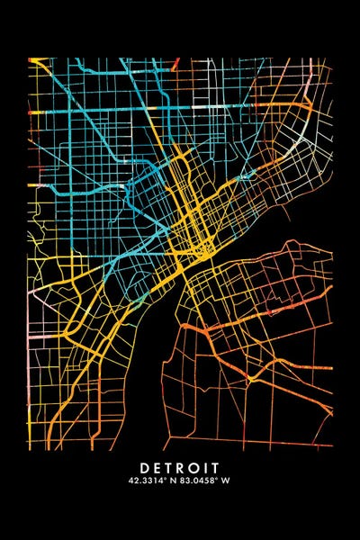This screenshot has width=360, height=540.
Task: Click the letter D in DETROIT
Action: coord(145,468)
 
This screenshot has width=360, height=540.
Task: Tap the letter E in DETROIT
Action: coord(158,468)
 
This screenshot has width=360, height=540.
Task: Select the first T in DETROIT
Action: coord(171,468)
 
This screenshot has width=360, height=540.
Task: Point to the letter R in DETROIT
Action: coord(184,468)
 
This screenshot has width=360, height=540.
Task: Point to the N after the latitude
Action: coord(173,481)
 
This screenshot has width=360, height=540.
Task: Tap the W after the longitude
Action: coord(226,481)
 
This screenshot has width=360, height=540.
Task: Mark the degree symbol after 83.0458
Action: coord(218,480)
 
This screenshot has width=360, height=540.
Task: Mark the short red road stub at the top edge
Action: coord(176,63)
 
